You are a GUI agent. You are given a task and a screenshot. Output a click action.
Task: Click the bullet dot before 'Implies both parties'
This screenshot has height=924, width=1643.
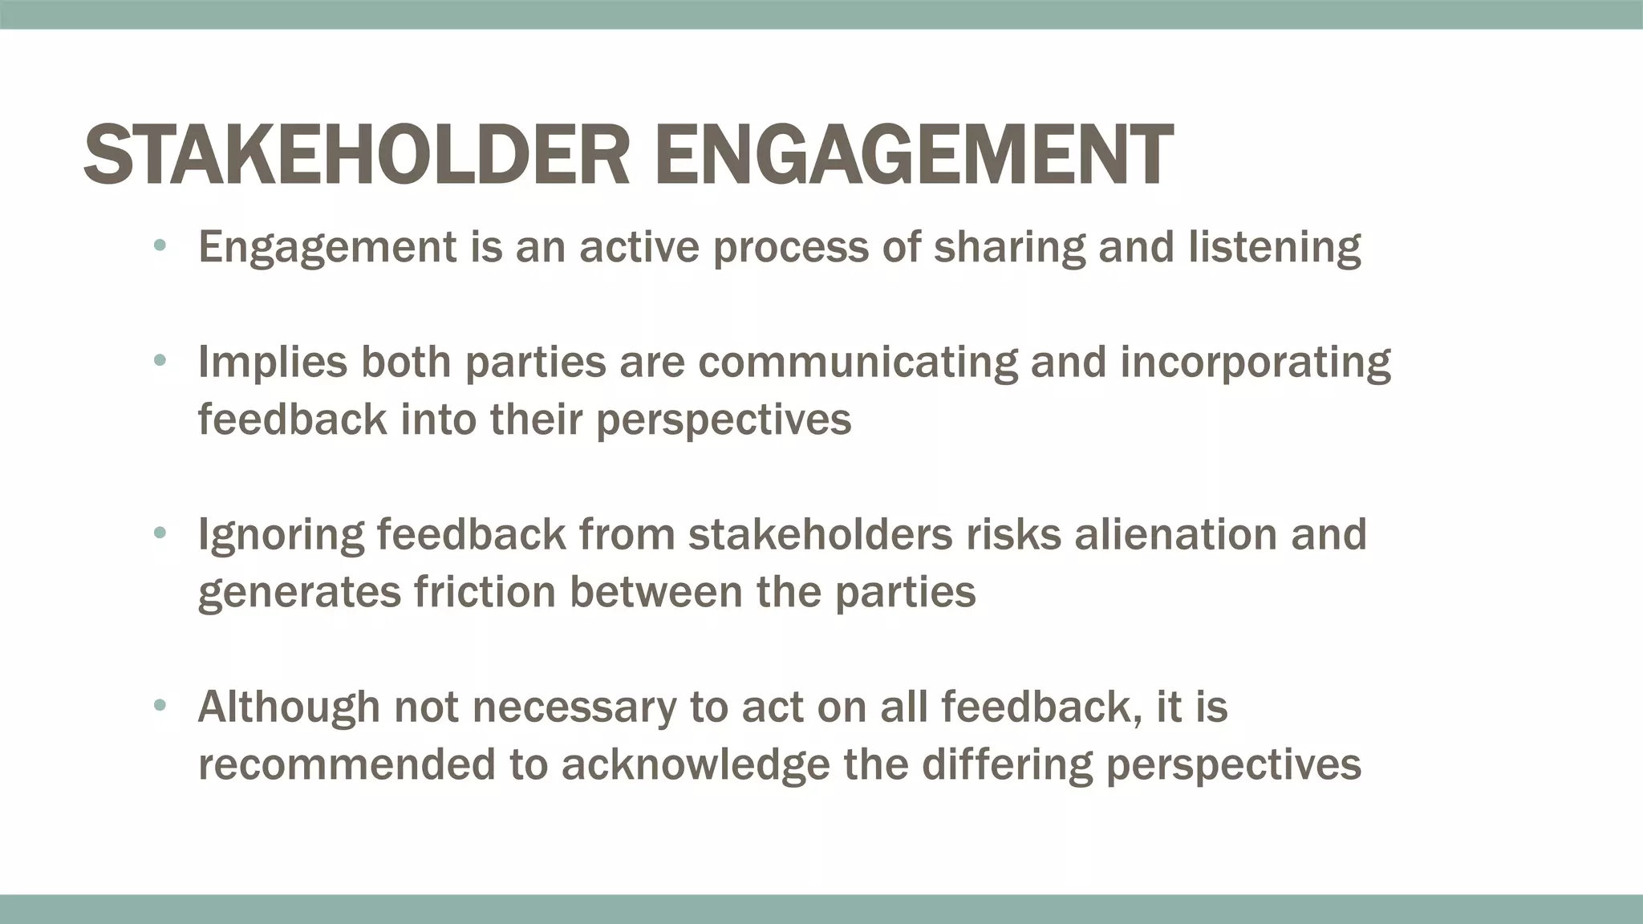coord(160,361)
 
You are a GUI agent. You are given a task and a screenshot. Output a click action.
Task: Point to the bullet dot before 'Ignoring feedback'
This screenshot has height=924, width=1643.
coord(160,533)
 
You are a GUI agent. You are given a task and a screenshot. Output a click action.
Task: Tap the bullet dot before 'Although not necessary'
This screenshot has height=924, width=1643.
coord(160,706)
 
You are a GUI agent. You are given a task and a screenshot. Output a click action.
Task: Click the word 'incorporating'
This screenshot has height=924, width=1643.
coord(1255,363)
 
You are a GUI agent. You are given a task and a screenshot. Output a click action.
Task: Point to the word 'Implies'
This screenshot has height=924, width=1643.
coord(273,363)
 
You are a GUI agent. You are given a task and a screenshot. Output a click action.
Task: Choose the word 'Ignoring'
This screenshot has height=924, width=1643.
coord(281,535)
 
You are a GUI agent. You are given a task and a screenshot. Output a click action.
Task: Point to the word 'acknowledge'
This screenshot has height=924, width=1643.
coord(695,764)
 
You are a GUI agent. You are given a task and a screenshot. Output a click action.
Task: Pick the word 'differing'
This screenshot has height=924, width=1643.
coord(1007,764)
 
